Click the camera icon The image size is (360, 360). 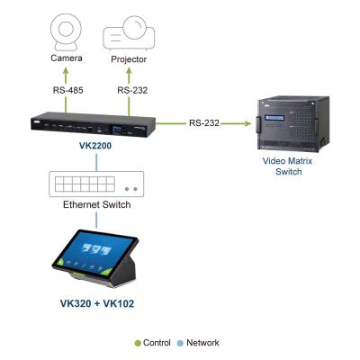click(x=66, y=32)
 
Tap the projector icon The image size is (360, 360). click(x=129, y=33)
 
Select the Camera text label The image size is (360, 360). click(x=67, y=58)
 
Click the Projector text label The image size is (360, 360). click(x=129, y=59)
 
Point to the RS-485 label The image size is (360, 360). click(x=68, y=90)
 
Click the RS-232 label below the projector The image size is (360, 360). click(x=132, y=90)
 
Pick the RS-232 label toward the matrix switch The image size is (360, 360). click(x=204, y=123)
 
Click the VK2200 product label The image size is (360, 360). click(x=95, y=146)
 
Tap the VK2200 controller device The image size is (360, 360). click(x=93, y=124)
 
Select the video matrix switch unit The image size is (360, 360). click(x=292, y=123)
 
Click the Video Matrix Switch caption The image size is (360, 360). click(x=288, y=166)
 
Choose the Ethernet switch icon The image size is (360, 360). click(x=96, y=184)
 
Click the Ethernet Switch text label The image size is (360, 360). click(x=97, y=204)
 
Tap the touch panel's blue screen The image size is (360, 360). click(x=94, y=252)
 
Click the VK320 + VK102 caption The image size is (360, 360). click(x=97, y=303)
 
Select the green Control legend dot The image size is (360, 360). click(x=138, y=343)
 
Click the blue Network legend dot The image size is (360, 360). click(x=180, y=343)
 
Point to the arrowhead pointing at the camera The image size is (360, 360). click(x=66, y=71)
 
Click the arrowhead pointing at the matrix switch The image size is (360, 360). click(x=247, y=123)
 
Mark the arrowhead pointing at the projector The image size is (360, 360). click(x=129, y=71)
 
